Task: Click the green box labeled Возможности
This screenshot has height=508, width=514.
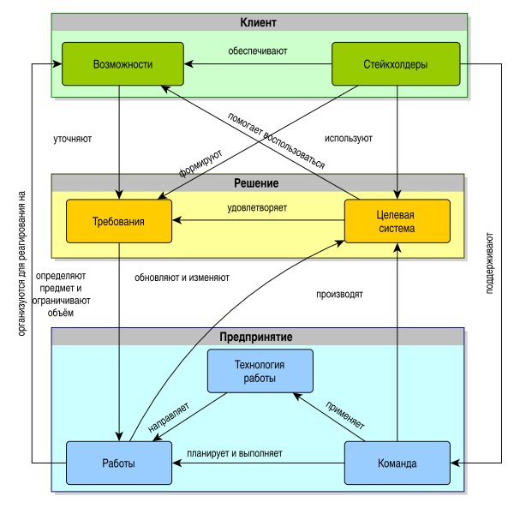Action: coord(123,64)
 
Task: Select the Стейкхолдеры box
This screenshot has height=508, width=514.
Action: coord(396,64)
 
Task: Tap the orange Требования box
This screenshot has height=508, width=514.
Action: coord(118,221)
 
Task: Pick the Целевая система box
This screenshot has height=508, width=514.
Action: coord(397,221)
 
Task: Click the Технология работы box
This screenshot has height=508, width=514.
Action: coord(260,371)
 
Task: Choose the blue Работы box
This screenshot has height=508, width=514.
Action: coord(118,463)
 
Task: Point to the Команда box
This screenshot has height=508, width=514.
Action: coord(397,463)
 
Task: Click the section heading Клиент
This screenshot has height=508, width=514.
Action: coord(259,22)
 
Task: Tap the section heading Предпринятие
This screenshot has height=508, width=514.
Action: coord(257,336)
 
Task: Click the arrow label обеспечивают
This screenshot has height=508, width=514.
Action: coord(257,51)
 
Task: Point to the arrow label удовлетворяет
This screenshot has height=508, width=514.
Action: coord(257,207)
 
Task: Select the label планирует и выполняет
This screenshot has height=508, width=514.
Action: coord(235,452)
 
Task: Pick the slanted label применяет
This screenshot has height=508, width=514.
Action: coord(344,414)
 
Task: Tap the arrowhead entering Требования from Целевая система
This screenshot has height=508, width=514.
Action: coord(176,221)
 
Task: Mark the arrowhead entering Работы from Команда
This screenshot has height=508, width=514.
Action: coord(176,463)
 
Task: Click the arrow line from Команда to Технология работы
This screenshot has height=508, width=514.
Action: coord(330,418)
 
